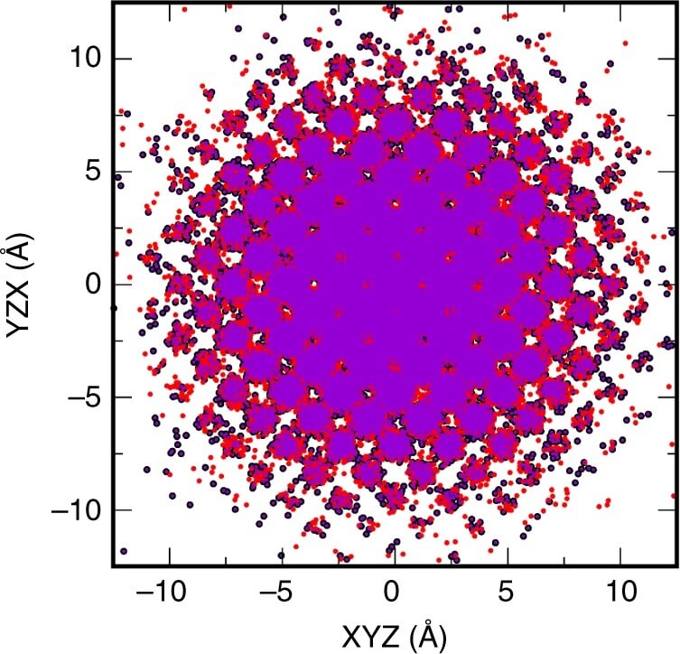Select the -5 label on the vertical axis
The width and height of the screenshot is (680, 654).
[x=79, y=397]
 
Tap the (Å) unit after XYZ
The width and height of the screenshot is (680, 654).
[x=425, y=635]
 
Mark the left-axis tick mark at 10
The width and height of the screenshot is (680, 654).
[x=117, y=59]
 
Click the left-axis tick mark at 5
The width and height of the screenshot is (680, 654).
[x=117, y=172]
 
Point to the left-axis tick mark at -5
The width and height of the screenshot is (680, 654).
[x=117, y=397]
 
